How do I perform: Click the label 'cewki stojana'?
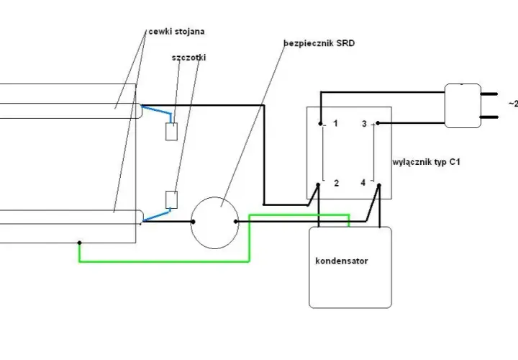[x=176, y=32]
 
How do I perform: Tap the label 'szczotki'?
[x=188, y=58]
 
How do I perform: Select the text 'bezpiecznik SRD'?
[x=319, y=43]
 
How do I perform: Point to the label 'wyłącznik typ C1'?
[x=426, y=162]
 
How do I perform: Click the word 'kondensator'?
[x=342, y=261]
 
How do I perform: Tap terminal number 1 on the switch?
[x=336, y=124]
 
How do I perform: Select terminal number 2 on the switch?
[x=336, y=183]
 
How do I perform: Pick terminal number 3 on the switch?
[x=364, y=124]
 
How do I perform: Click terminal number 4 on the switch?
[x=363, y=183]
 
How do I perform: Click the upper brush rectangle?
[x=171, y=132]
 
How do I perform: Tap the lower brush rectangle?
[x=171, y=199]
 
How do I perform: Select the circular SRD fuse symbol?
[x=214, y=197]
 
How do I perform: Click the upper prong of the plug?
[x=489, y=94]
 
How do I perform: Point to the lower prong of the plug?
[x=489, y=117]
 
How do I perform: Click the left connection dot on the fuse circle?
[x=193, y=222]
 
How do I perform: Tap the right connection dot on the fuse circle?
[x=235, y=222]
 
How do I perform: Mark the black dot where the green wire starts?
[x=79, y=243]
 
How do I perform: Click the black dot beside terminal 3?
[x=378, y=123]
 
